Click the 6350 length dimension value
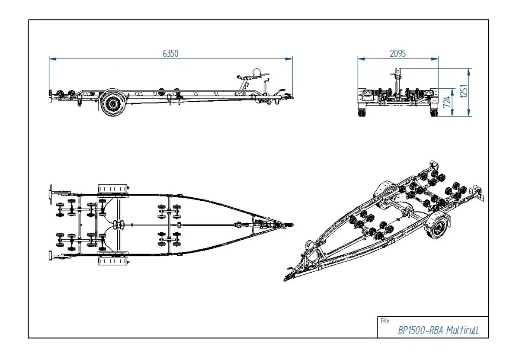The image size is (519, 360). (x=170, y=53)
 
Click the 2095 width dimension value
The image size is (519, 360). (x=397, y=53)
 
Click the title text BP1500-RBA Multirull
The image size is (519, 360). (x=438, y=331)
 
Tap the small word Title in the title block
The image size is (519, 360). (x=384, y=321)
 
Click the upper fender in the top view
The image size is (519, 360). (x=113, y=190)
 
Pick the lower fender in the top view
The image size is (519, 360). (x=113, y=260)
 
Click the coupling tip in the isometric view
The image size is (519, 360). (x=286, y=279)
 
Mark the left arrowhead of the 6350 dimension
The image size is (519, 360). (x=51, y=58)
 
